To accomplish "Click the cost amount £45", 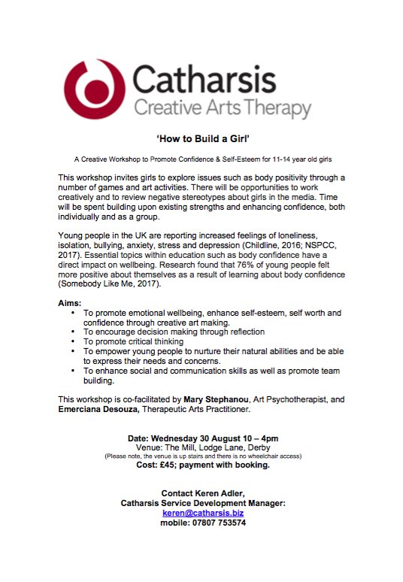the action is [x=183, y=465].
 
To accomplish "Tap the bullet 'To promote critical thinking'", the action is [x=140, y=341].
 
